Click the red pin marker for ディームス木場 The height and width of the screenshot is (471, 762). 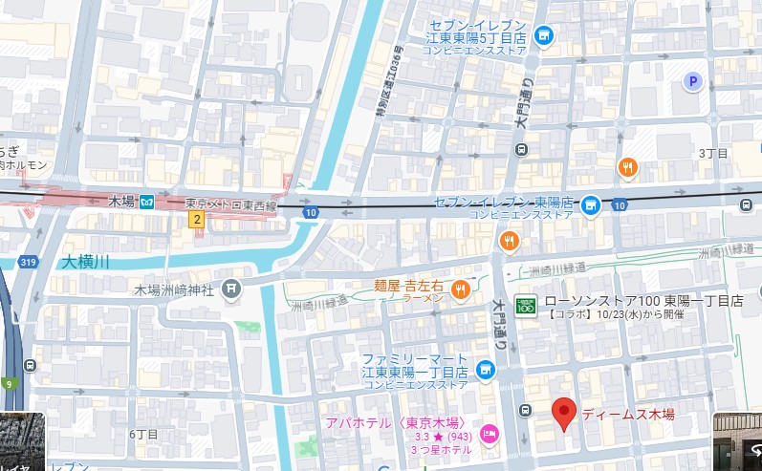click(x=564, y=413)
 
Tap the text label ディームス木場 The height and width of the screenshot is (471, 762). click(x=628, y=414)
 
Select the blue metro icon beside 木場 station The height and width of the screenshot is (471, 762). click(x=146, y=202)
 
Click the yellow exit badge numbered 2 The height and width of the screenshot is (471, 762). click(x=197, y=220)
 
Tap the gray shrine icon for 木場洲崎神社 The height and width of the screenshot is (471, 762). click(x=230, y=288)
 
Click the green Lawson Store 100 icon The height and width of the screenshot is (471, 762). click(x=525, y=306)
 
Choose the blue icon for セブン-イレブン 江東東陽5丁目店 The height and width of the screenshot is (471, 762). click(x=544, y=37)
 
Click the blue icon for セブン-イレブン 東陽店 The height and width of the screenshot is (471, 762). click(x=592, y=203)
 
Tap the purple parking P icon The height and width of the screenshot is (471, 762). click(x=693, y=82)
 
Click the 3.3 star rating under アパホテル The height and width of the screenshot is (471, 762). click(x=365, y=438)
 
